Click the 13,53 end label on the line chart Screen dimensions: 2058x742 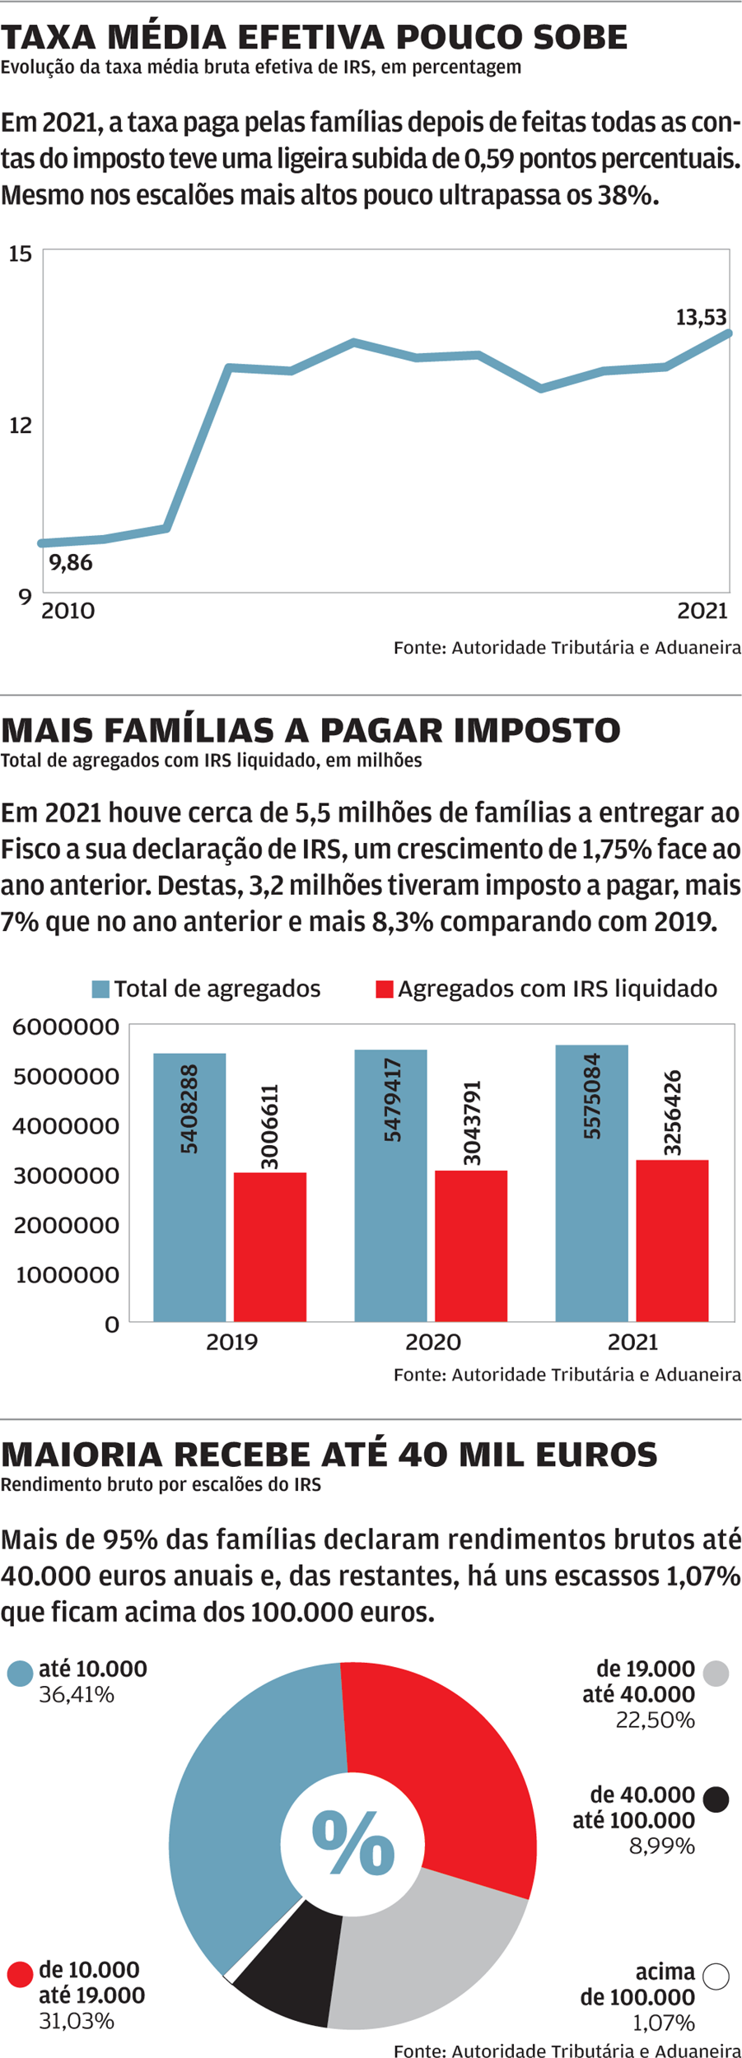701,317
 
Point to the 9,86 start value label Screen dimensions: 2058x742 71,562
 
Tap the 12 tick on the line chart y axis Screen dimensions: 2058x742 21,425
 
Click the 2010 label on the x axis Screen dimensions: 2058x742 68,611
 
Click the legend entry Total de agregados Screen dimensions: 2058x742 207,989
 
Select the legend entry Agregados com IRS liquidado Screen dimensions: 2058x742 547,989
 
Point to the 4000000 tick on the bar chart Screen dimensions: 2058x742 66,1125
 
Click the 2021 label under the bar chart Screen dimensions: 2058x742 632,1342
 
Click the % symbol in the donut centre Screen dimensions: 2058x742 352,1843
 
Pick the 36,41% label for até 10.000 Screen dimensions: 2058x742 77,1694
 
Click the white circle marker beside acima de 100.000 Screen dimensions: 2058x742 716,1976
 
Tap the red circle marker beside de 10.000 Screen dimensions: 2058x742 20,1974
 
